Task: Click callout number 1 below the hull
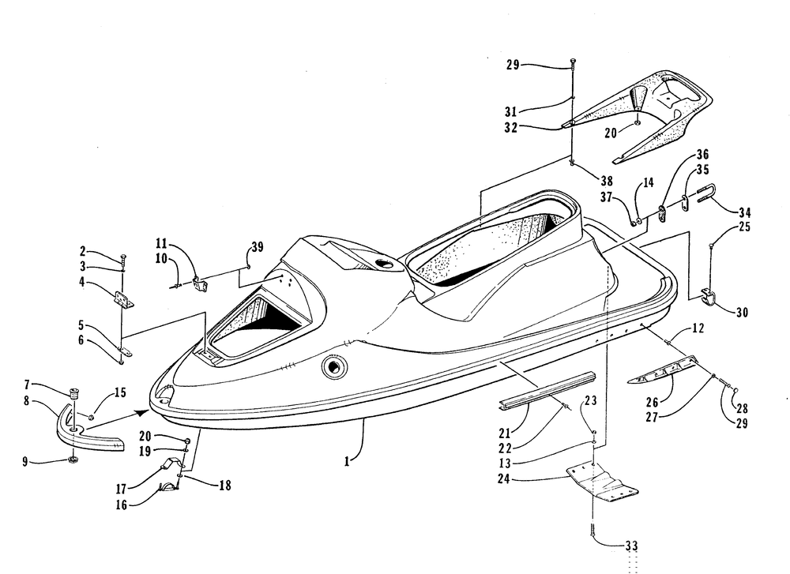347,461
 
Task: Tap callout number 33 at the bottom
630,546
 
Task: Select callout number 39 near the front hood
258,246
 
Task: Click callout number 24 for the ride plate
504,478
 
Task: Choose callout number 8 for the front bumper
26,401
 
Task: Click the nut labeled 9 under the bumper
73,460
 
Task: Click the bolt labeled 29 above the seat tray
574,63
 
